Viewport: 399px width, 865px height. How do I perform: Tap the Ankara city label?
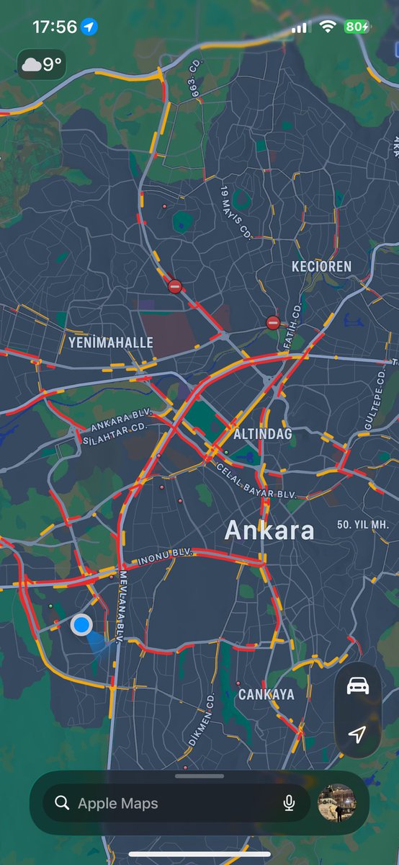click(269, 531)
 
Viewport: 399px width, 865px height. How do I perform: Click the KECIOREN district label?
click(321, 267)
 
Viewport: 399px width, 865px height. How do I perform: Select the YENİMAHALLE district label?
click(111, 342)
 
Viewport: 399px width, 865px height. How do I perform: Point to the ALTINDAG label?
click(262, 434)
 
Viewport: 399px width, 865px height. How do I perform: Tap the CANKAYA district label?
click(266, 694)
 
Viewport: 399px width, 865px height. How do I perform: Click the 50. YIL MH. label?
click(363, 524)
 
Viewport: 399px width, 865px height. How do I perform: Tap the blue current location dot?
click(81, 624)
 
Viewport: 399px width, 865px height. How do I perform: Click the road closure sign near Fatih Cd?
click(272, 322)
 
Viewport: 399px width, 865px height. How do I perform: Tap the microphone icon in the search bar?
click(289, 803)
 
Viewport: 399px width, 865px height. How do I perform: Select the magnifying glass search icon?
click(63, 803)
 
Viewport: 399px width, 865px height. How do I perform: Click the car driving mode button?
click(358, 686)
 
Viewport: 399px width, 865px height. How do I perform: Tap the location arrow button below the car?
click(358, 734)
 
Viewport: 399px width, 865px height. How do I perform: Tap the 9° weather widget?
click(42, 65)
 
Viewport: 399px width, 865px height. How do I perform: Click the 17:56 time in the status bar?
click(55, 27)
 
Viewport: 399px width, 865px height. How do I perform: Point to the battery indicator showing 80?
click(357, 27)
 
